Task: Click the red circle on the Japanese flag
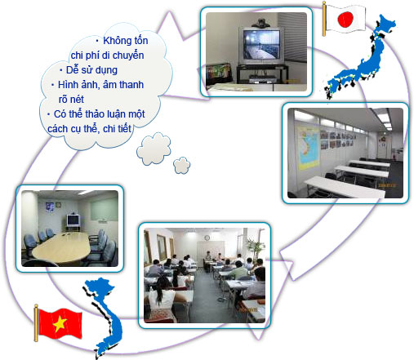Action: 345,20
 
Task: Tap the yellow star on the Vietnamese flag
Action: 60,324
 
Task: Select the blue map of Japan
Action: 358,58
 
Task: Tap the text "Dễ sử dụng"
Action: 91,70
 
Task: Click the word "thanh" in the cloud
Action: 131,85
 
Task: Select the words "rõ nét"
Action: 71,100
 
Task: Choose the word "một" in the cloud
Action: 136,114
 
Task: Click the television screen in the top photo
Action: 261,45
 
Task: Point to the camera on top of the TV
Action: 261,23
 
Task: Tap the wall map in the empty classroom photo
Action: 308,148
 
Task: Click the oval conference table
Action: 62,248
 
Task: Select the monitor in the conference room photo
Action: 73,220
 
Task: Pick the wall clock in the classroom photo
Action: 207,238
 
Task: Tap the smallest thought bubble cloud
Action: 181,166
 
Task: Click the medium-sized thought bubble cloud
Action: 154,149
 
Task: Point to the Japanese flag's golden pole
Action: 324,19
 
